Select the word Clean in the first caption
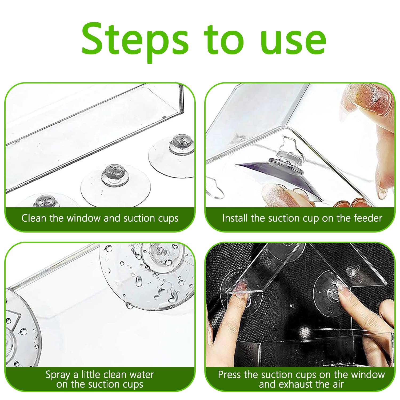[x=34, y=218]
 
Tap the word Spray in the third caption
[x=58, y=375]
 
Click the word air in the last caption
[x=337, y=384]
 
